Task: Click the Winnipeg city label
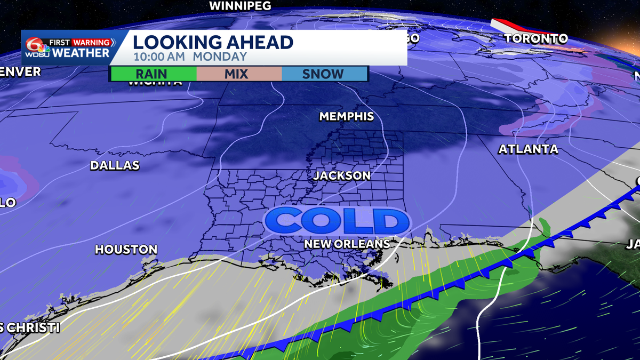(241, 6)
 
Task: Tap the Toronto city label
(535, 38)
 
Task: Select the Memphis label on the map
(346, 116)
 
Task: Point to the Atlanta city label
(528, 149)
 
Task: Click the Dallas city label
(115, 165)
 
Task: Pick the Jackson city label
(341, 175)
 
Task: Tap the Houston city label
(126, 249)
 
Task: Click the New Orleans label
(347, 244)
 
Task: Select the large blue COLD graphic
(337, 221)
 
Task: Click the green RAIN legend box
(153, 74)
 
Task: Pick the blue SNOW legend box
(323, 74)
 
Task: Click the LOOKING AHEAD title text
(213, 42)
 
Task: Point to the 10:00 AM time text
(158, 57)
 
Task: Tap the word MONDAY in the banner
(220, 57)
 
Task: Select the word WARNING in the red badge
(92, 42)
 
